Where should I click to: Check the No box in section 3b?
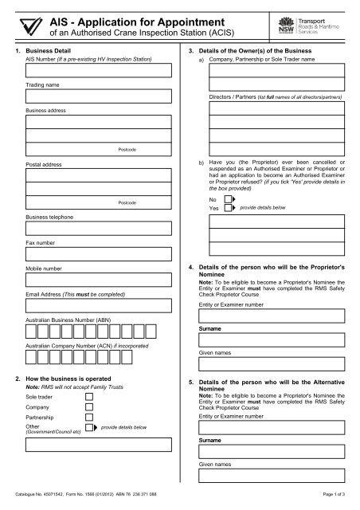pyautogui.click(x=227, y=199)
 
